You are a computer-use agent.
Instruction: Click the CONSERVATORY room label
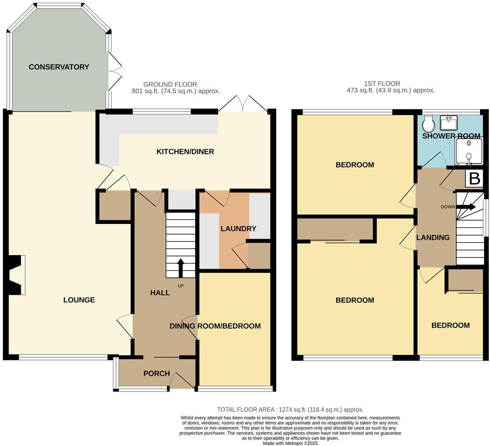tap(59, 67)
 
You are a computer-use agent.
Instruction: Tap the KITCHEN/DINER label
tap(185, 151)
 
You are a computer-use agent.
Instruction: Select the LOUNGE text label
tap(79, 300)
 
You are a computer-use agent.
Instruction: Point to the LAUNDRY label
tap(238, 229)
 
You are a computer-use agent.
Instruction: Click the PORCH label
tap(157, 374)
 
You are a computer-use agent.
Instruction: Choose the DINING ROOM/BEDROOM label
tap(215, 326)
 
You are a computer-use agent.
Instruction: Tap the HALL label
tap(160, 293)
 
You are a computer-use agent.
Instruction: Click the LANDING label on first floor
tap(433, 238)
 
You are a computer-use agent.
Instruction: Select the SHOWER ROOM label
tap(451, 136)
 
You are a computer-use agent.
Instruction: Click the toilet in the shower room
tap(428, 122)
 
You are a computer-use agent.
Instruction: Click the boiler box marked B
tap(474, 179)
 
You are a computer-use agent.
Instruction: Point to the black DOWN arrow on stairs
tap(466, 207)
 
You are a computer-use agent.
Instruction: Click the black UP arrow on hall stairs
tap(180, 268)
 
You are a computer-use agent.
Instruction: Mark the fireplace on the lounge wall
tap(15, 275)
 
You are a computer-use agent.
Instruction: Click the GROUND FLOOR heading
tap(170, 84)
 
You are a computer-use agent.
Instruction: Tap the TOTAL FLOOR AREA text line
tap(290, 409)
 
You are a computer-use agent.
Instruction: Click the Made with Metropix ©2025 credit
tap(290, 443)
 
